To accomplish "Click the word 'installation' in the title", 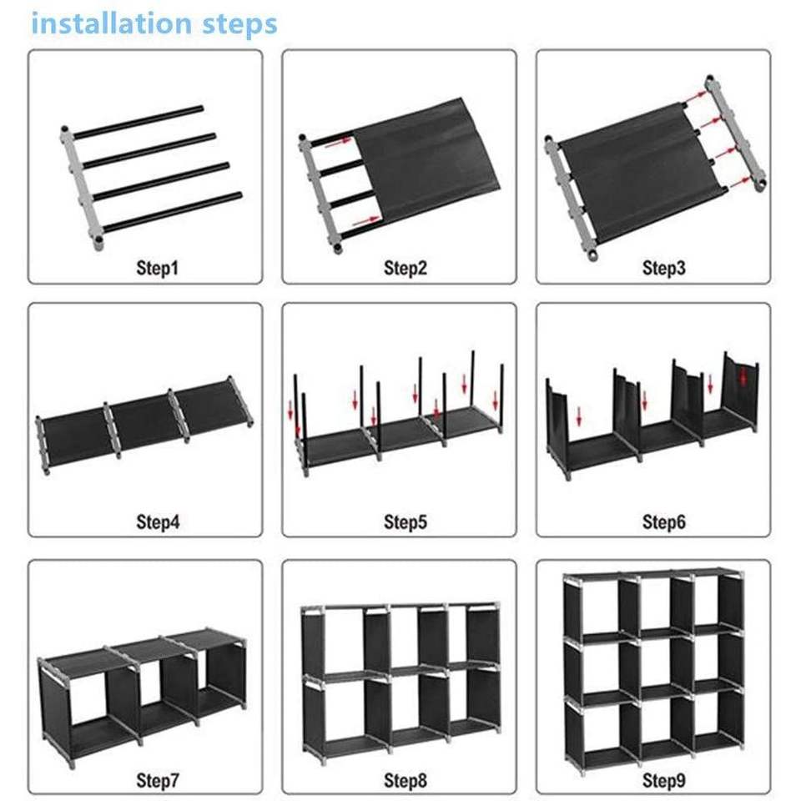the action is (112, 24).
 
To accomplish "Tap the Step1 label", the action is (158, 268).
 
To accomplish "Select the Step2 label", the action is (406, 268).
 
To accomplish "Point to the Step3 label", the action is (663, 268).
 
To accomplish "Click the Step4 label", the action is (158, 521).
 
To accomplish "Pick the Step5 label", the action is (406, 521).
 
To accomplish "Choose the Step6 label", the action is (663, 521).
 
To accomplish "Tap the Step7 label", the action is (158, 780).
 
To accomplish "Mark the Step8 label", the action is (406, 780).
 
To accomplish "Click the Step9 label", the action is (663, 780).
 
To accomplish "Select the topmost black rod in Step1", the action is (139, 122).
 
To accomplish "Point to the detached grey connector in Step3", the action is (736, 133).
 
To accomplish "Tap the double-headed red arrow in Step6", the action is (743, 377).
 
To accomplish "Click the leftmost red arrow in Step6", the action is (579, 416).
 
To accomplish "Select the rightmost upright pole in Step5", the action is (501, 398).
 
